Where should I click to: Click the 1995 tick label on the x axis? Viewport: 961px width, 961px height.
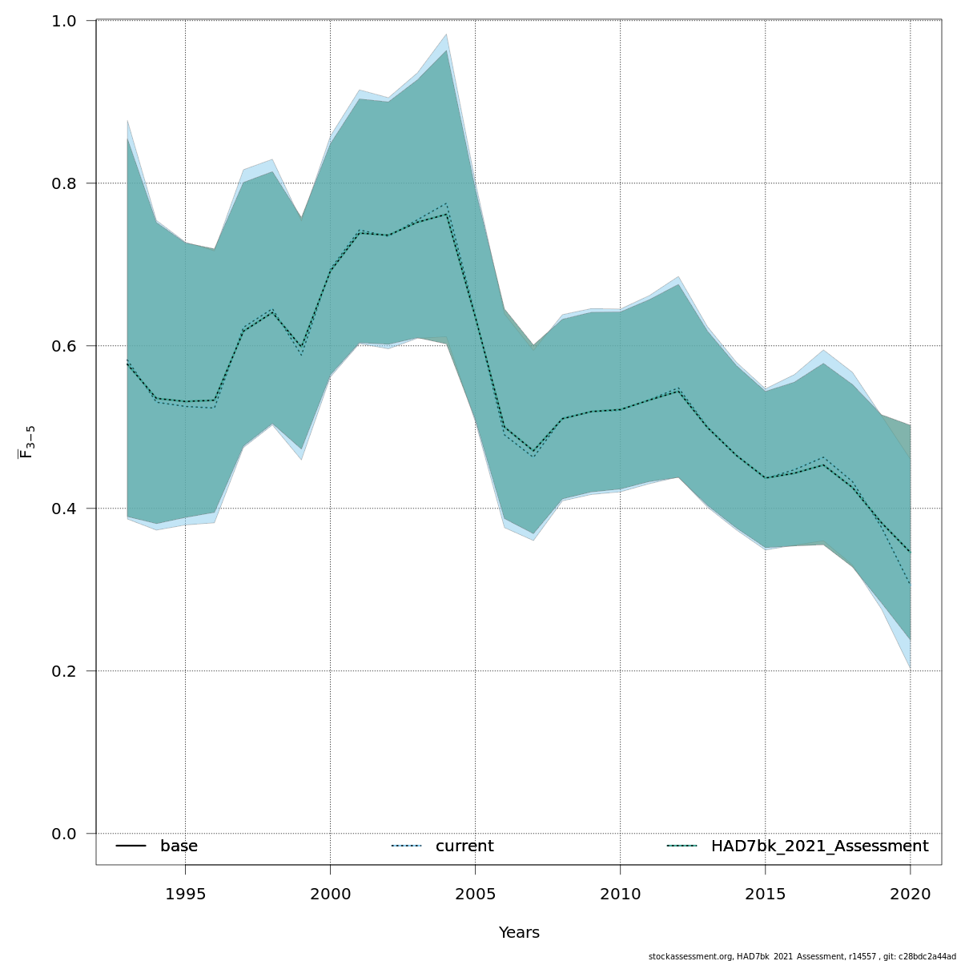coord(185,894)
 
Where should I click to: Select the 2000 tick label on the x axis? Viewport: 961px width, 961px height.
coord(330,894)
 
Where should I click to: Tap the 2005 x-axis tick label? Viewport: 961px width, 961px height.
coord(475,894)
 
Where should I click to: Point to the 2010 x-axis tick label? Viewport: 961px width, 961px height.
coord(620,894)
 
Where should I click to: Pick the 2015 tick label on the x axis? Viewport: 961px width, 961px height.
coord(765,894)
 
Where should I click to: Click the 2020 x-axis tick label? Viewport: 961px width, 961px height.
coord(910,894)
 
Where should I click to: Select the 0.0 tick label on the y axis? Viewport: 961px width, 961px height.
coord(70,834)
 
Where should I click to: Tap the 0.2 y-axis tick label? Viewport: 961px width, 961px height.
coord(70,671)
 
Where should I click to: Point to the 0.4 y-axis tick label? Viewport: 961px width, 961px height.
coord(70,509)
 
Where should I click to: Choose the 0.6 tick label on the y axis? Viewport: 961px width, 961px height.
coord(70,346)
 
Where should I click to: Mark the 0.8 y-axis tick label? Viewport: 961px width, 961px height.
coord(70,183)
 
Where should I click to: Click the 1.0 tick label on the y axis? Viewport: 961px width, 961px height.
coord(70,21)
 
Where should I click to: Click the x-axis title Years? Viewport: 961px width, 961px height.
coord(519,933)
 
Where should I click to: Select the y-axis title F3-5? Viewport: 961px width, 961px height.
coord(26,442)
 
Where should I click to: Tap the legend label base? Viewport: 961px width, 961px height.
coord(179,846)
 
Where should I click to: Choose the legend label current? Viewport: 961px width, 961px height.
coord(464,846)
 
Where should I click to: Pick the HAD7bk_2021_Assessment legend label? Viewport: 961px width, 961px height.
coord(819,846)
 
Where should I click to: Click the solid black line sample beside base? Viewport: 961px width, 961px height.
coord(131,846)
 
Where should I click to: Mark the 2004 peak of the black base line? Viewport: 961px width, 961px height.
coord(446,214)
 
